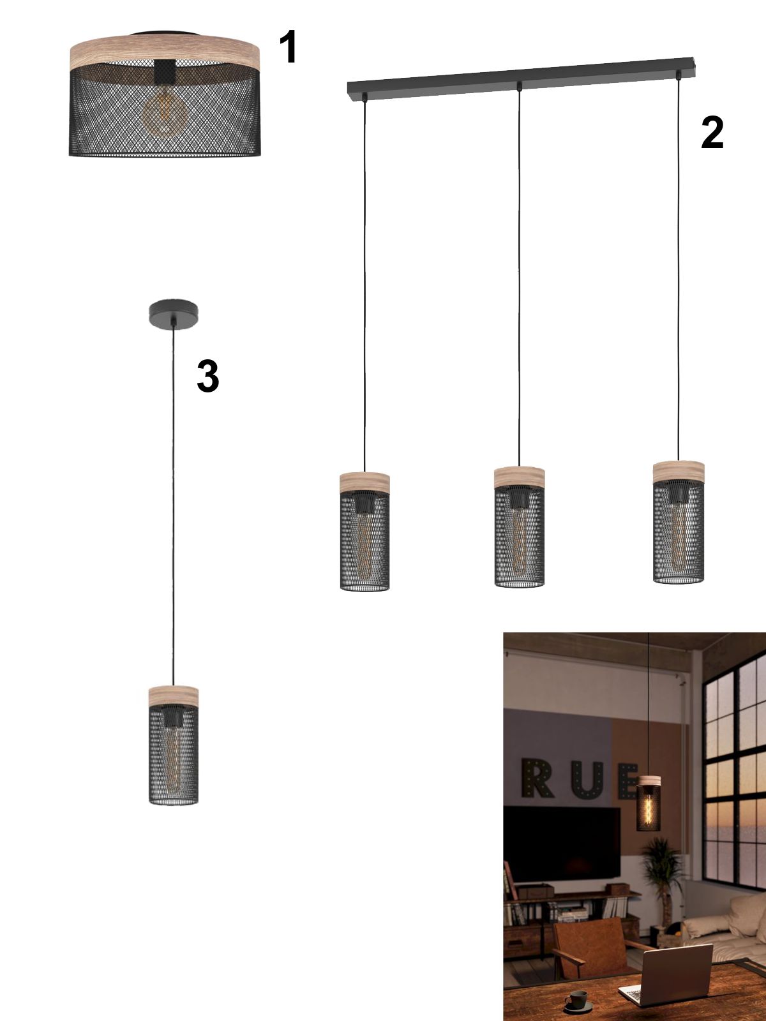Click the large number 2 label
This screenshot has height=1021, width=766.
coord(712,133)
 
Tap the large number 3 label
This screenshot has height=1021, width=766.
coord(208,376)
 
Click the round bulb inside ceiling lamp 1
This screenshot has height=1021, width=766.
coord(165,114)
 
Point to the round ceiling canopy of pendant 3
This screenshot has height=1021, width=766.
coord(174,315)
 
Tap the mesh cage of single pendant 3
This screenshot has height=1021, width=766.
coord(174,754)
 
